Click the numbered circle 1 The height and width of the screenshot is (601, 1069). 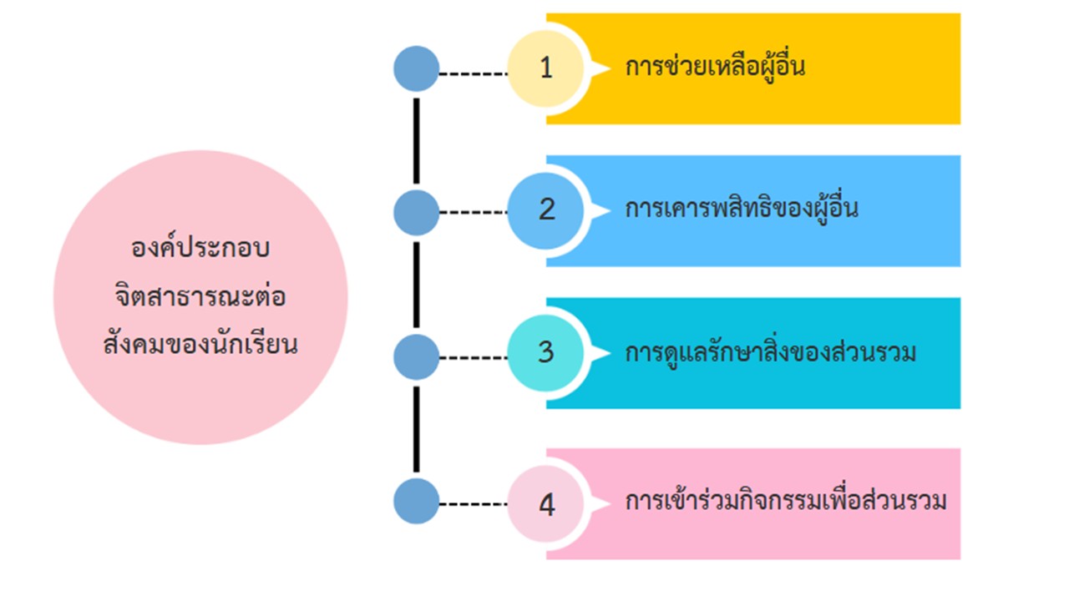click(x=546, y=68)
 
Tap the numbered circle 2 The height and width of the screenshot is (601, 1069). click(x=546, y=210)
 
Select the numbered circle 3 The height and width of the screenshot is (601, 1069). click(x=546, y=353)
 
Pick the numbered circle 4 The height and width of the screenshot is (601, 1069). click(x=546, y=505)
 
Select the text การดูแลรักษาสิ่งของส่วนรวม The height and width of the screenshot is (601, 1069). click(x=770, y=352)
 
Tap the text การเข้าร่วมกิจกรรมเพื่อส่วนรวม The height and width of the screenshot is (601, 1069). click(x=786, y=503)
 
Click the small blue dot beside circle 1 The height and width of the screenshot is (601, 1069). click(x=416, y=68)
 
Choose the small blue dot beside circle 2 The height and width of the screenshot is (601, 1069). click(x=416, y=212)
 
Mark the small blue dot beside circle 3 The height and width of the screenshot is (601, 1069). click(x=416, y=357)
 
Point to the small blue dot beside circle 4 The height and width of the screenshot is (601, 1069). click(x=416, y=502)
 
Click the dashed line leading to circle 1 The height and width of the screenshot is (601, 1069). click(x=473, y=73)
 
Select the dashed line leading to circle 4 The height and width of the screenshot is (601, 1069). click(x=473, y=504)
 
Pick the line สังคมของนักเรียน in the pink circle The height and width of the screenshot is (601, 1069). click(x=200, y=344)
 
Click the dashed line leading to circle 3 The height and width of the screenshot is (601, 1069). click(x=473, y=358)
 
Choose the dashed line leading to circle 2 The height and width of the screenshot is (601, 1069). click(x=473, y=212)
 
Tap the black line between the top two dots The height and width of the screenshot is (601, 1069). click(x=416, y=140)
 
